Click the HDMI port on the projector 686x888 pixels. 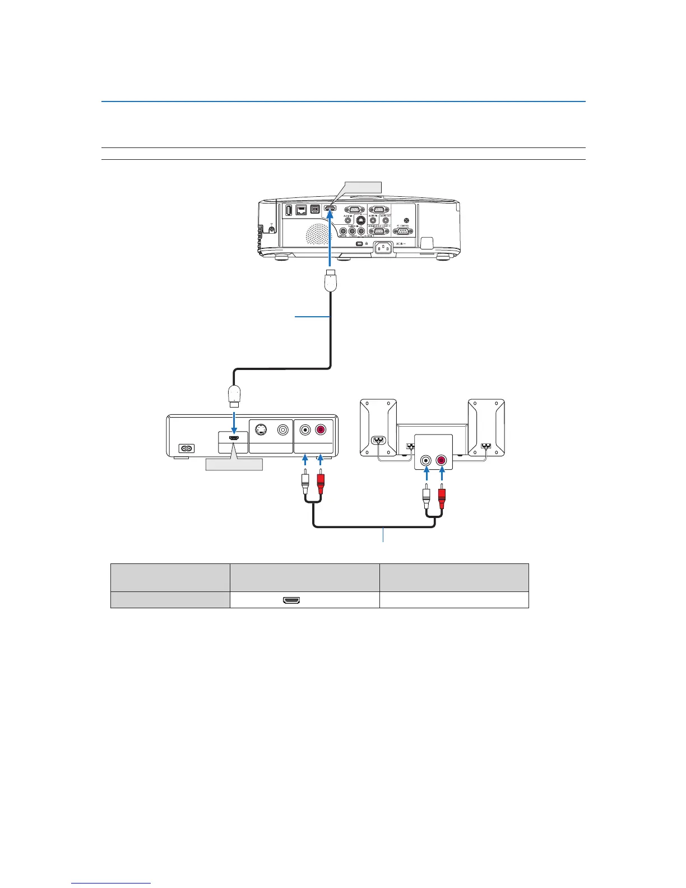(x=330, y=210)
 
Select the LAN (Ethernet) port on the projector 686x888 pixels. (x=301, y=210)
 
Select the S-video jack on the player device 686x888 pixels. (x=261, y=431)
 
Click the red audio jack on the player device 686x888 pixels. (x=321, y=431)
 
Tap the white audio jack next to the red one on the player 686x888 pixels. (x=305, y=431)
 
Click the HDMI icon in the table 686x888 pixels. (x=291, y=600)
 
